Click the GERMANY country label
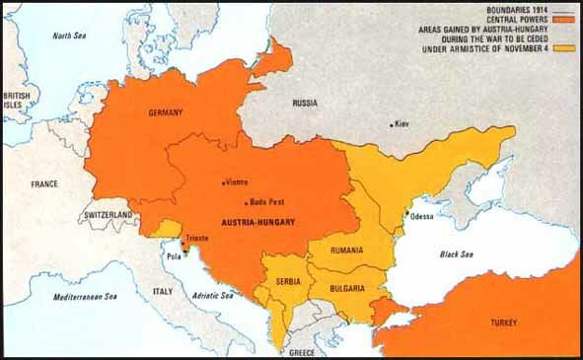[x=166, y=113]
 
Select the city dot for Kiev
[x=393, y=124]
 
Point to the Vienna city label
[x=237, y=181]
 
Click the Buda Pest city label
[x=267, y=201]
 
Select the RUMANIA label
[x=346, y=250]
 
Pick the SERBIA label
[x=289, y=267]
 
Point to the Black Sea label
[x=456, y=255]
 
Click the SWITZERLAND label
[x=109, y=214]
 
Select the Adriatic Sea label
[x=212, y=295]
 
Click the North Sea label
[x=69, y=36]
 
